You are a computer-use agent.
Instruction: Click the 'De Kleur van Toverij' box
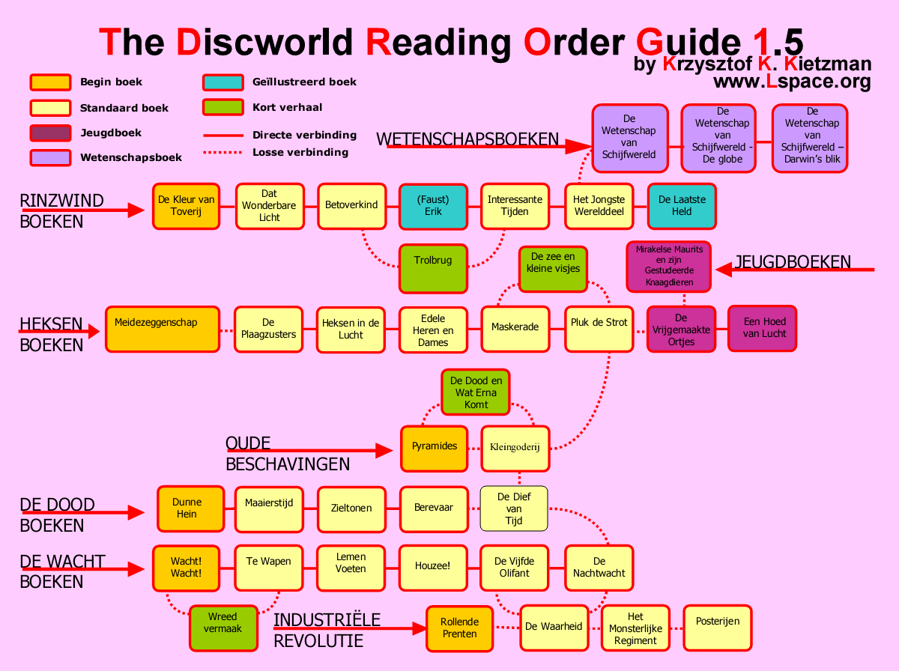(186, 206)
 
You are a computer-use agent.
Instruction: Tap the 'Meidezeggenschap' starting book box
(162, 329)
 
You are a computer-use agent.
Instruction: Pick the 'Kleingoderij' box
(515, 448)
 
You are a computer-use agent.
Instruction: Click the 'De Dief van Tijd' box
(513, 508)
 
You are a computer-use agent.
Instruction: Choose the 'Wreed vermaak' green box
(223, 628)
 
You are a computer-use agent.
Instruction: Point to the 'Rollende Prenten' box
(460, 628)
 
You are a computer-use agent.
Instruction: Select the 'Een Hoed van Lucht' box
(762, 328)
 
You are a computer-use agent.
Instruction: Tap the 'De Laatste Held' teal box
(681, 206)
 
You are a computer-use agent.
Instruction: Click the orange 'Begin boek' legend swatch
(50, 82)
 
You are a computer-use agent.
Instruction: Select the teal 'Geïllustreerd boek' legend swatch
(223, 82)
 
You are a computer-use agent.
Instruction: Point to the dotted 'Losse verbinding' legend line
(223, 153)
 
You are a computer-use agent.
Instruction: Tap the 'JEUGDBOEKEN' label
(793, 262)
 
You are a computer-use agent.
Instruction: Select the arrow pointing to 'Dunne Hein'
(82, 513)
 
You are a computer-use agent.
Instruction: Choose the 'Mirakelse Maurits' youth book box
(668, 267)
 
